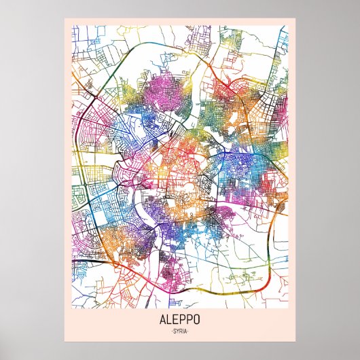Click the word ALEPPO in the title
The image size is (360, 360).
coord(179,318)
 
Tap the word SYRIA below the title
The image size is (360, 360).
coord(179,331)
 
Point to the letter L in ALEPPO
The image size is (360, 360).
coord(170,318)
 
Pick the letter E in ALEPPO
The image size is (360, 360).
coord(176,318)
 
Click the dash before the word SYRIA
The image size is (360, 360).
coord(170,331)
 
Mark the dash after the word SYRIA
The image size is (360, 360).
coord(189,331)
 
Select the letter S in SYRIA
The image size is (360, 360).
coord(173,331)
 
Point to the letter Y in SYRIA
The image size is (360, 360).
coord(177,331)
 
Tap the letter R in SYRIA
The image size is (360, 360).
coord(180,331)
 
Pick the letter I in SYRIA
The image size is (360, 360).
coord(183,331)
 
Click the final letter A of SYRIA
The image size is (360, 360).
coord(185,331)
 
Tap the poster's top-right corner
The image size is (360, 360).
coord(296,18)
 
